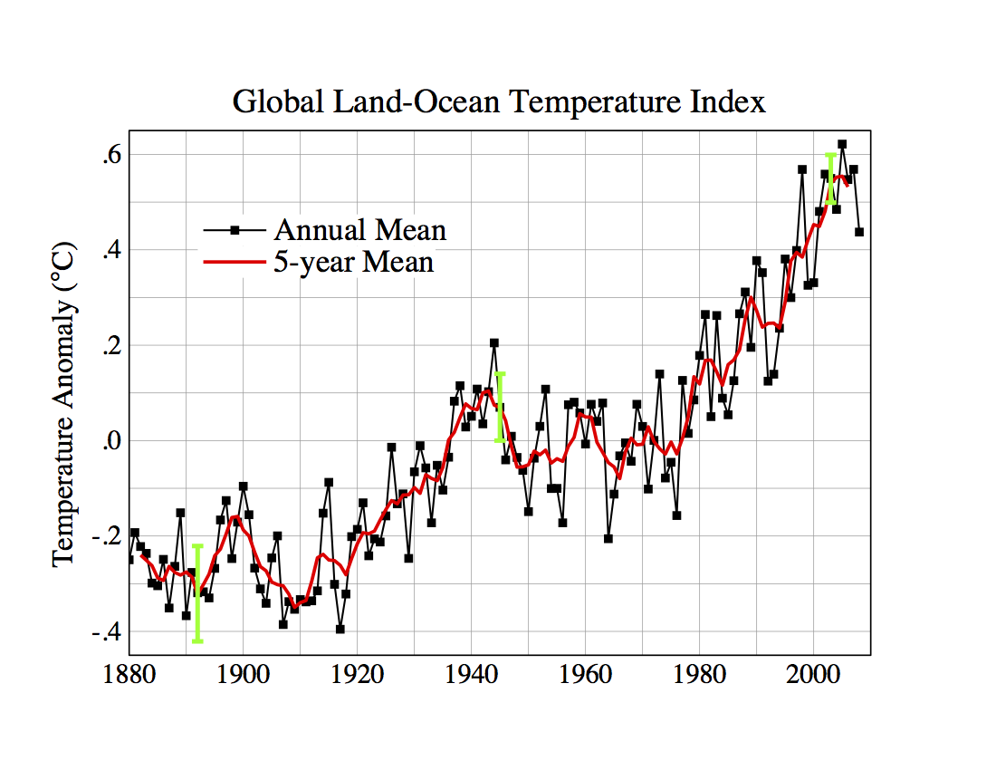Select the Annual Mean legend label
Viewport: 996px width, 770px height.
point(360,230)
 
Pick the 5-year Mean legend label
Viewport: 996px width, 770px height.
point(353,262)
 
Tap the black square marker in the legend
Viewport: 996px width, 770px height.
point(235,230)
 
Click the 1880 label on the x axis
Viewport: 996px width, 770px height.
point(129,676)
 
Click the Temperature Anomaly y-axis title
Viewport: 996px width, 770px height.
point(63,404)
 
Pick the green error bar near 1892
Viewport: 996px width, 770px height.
point(197,593)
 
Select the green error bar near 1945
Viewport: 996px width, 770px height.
point(500,407)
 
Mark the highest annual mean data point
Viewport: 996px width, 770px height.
point(842,144)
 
